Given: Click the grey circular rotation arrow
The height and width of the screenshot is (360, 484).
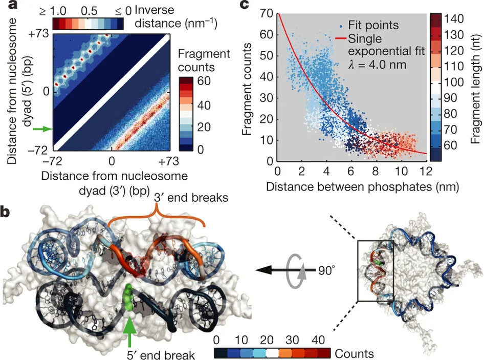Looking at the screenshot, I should (299, 268).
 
